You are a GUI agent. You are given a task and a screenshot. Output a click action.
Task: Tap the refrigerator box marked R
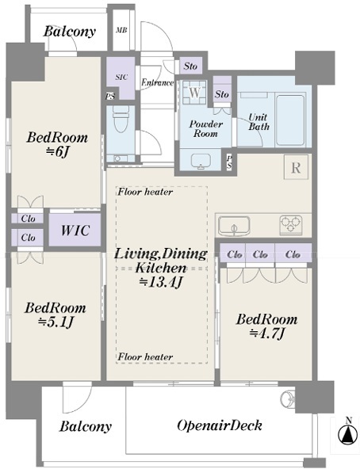click(296, 167)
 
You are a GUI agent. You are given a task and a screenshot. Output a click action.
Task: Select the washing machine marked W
click(195, 92)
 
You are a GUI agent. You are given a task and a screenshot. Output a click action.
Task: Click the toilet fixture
click(121, 119)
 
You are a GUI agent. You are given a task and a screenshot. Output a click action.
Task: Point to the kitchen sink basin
click(234, 225)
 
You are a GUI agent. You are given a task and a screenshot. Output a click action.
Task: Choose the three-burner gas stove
click(291, 225)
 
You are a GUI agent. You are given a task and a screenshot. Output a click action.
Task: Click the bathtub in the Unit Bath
click(289, 120)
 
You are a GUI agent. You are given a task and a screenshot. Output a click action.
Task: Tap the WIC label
click(75, 231)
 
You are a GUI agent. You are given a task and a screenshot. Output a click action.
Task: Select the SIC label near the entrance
click(121, 77)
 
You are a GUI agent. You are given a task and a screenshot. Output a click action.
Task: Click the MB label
click(121, 30)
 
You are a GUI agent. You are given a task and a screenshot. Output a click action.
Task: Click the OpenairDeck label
click(220, 425)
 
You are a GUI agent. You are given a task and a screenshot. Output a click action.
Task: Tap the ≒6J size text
click(58, 152)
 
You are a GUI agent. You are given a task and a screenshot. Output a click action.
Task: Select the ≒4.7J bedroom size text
click(266, 333)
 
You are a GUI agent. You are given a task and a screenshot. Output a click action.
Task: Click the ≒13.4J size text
click(160, 282)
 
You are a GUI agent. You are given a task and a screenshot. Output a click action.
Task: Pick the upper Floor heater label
click(145, 192)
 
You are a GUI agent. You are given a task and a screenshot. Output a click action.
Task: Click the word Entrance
click(157, 82)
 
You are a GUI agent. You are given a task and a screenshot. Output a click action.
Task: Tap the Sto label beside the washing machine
click(222, 94)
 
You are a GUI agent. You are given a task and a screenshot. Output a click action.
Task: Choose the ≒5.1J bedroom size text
click(56, 322)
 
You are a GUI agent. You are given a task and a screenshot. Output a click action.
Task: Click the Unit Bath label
click(259, 122)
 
